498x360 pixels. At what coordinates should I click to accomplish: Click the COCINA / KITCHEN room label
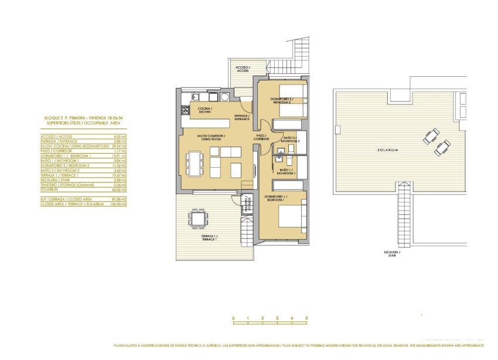pyautogui.click(x=204, y=110)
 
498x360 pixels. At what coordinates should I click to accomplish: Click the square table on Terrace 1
pyautogui.click(x=197, y=219)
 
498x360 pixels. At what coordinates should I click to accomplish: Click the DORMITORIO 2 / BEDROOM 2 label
pyautogui.click(x=281, y=100)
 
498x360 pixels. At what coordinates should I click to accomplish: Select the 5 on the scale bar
pyautogui.click(x=306, y=318)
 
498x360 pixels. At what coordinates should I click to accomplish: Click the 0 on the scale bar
pyautogui.click(x=233, y=318)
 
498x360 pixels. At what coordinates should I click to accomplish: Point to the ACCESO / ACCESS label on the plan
pyautogui.click(x=242, y=69)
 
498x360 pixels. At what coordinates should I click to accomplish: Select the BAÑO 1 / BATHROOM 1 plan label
pyautogui.click(x=286, y=171)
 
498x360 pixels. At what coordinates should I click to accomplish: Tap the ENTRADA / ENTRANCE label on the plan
pyautogui.click(x=242, y=117)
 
